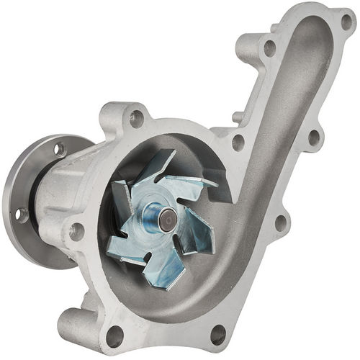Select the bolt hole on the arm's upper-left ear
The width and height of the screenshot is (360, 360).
pos(269,48)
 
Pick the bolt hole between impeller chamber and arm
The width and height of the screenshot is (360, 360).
pos(238,142)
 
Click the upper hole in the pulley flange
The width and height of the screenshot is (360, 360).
pos(59,149)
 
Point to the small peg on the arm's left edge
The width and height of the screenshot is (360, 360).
pos(236,117)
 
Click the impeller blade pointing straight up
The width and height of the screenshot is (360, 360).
pos(161,166)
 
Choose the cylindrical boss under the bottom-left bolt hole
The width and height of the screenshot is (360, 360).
pos(86,328)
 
